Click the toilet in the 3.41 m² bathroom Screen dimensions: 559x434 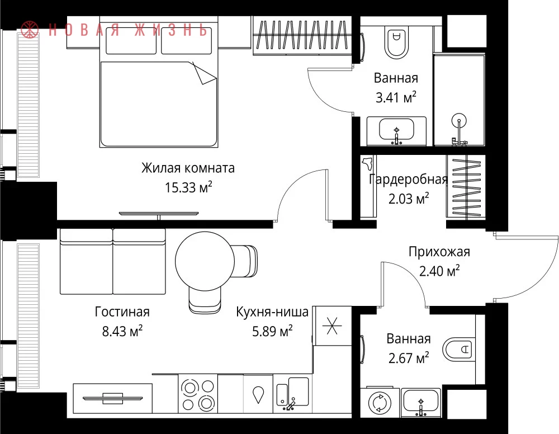click(396, 42)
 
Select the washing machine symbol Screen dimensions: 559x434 click(380, 403)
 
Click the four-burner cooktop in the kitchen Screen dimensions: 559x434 click(198, 394)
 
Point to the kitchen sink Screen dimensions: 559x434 click(293, 394)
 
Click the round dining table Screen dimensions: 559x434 click(205, 261)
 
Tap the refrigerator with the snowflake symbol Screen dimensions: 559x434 click(332, 325)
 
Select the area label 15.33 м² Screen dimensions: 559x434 click(188, 187)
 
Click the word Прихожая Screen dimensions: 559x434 click(439, 252)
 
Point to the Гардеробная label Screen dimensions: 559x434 click(408, 179)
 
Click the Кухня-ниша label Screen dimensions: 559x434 click(272, 312)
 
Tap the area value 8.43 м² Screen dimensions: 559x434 click(122, 331)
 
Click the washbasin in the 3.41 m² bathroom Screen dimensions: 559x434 click(396, 131)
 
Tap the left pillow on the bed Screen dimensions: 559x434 click(131, 41)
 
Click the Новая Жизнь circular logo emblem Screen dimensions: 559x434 click(30, 29)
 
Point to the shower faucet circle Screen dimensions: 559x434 click(459, 121)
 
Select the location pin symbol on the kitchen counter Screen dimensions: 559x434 click(258, 395)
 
